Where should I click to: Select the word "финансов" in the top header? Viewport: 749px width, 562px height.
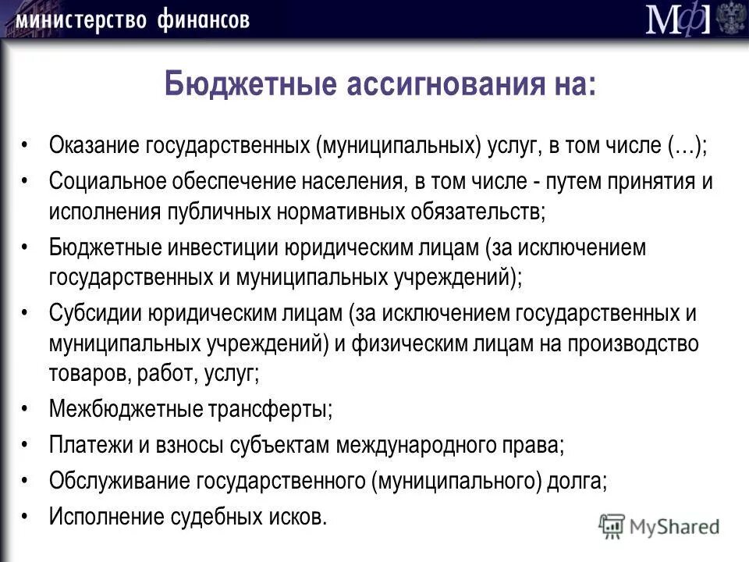(202, 19)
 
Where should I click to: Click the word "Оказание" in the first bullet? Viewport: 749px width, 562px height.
(94, 145)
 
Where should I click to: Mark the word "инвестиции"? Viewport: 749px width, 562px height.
(214, 248)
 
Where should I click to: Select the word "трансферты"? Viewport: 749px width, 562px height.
(271, 408)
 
